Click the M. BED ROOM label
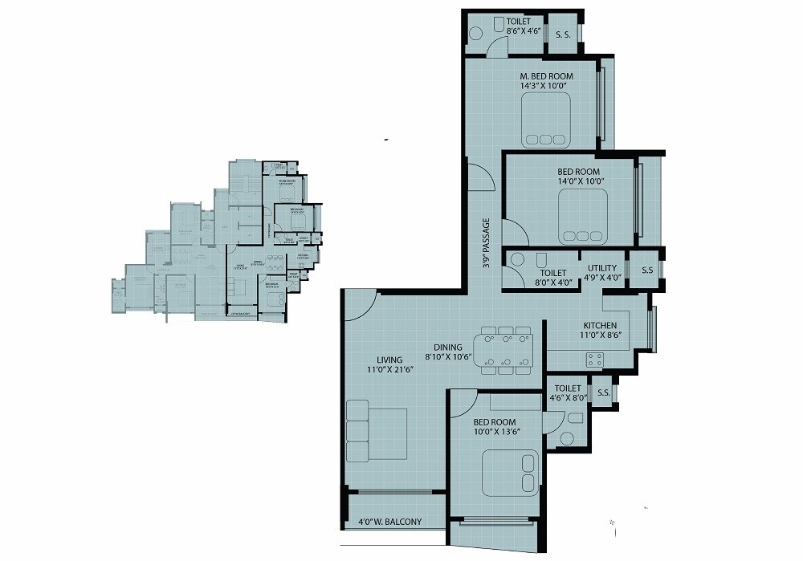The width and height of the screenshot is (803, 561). click(x=545, y=76)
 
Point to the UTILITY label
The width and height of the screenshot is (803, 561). click(x=601, y=268)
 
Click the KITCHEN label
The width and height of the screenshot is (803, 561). click(x=600, y=326)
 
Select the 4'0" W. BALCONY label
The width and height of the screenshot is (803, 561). click(x=389, y=522)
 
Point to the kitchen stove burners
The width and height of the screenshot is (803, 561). click(x=594, y=360)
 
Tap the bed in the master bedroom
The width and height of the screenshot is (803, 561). click(x=545, y=119)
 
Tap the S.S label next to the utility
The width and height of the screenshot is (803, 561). click(x=647, y=270)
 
